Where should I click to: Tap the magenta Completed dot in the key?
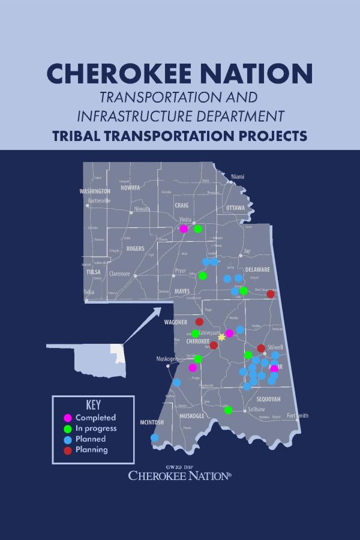(x=68, y=418)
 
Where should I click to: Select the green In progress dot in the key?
(x=68, y=428)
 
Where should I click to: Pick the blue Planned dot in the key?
(x=68, y=439)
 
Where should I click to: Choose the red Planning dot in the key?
(x=68, y=450)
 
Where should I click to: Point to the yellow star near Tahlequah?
(x=221, y=337)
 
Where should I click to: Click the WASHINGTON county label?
(x=95, y=191)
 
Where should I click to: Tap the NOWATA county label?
(x=130, y=187)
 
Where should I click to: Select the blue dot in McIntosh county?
(x=155, y=437)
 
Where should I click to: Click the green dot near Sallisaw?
(x=228, y=410)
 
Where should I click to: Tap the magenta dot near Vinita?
(x=184, y=229)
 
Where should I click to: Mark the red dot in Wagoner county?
(x=199, y=322)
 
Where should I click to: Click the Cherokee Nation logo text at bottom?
(x=180, y=475)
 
